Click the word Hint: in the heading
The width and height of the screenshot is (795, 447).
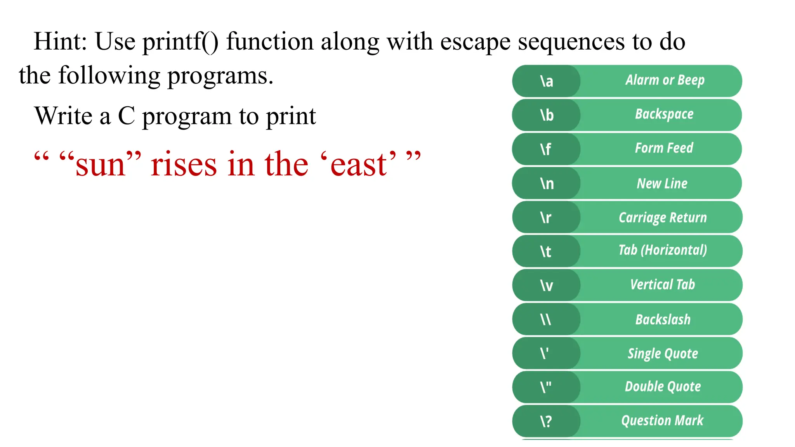[60, 41]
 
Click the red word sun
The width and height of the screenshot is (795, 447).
[101, 165]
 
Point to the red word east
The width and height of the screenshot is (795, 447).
[358, 165]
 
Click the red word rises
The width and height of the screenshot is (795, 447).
[184, 165]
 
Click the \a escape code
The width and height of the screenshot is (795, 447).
[547, 81]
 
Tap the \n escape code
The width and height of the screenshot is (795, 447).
[547, 184]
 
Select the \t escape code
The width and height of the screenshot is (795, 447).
[546, 251]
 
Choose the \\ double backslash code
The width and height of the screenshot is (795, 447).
[546, 319]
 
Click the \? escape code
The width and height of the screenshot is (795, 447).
[546, 421]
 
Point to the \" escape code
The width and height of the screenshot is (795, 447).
[546, 387]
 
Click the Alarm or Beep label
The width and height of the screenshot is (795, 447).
[665, 80]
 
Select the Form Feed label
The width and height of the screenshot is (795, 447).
[664, 148]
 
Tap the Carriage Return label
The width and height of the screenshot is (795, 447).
[663, 217]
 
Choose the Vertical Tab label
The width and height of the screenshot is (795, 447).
[662, 284]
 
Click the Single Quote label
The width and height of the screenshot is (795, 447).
[663, 353]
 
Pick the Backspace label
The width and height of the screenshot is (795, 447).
[664, 114]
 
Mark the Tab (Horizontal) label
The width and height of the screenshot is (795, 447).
[663, 250]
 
